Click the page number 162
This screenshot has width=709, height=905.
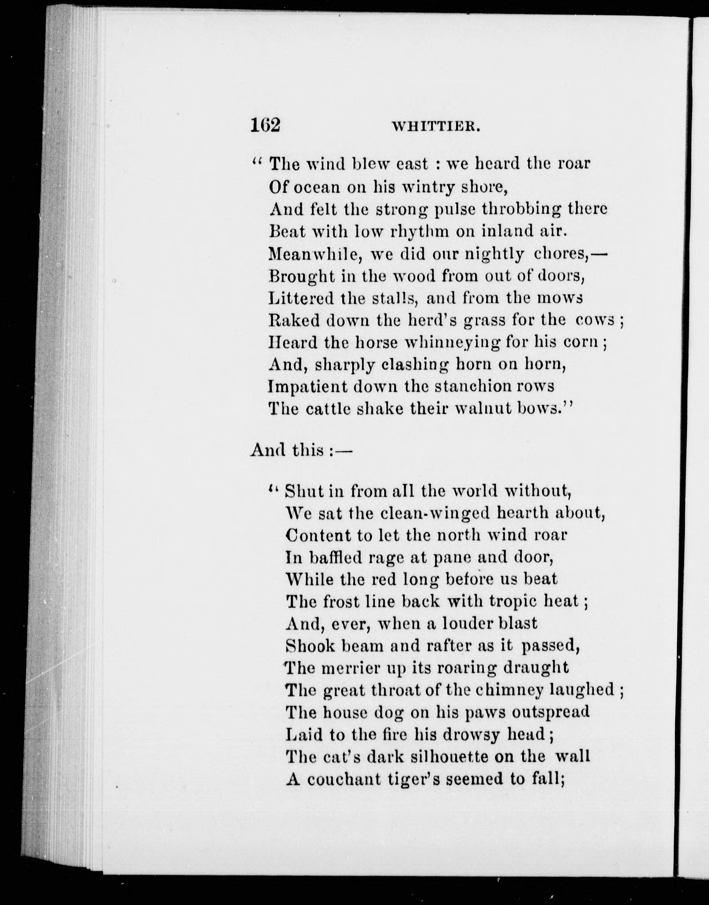(265, 124)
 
